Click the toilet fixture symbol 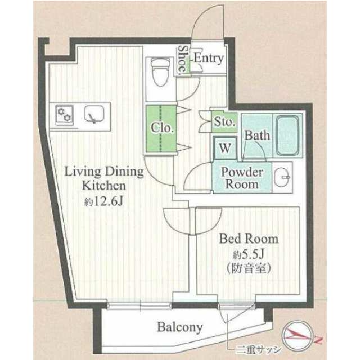161,71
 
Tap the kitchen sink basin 94,114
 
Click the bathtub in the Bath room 287,136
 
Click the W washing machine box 225,148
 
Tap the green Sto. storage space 224,121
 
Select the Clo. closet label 161,128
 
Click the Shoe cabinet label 183,59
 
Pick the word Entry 209,58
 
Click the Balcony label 180,327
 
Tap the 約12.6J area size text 104,201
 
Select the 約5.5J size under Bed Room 249,254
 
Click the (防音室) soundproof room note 249,268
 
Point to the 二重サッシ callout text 259,350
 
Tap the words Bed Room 249,238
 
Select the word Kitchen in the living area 104,186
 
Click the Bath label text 257,135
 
